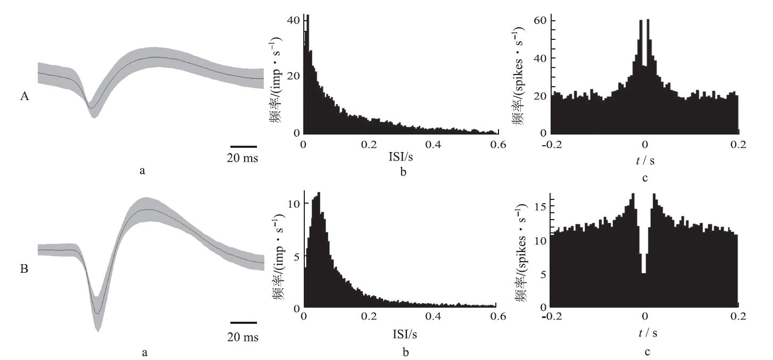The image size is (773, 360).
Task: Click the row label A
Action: pos(24,97)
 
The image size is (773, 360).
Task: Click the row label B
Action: pos(24,270)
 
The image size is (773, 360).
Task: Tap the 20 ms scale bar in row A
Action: pos(244,146)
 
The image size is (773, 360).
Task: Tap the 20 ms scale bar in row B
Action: pos(244,322)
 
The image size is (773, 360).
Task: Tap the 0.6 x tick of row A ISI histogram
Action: pos(497,144)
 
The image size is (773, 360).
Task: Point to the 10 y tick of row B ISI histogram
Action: pos(293,204)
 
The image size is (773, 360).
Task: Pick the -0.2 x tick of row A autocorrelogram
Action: pos(551,144)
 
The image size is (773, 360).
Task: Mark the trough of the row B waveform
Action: pos(97,313)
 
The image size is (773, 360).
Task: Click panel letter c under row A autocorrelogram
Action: pos(645,179)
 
